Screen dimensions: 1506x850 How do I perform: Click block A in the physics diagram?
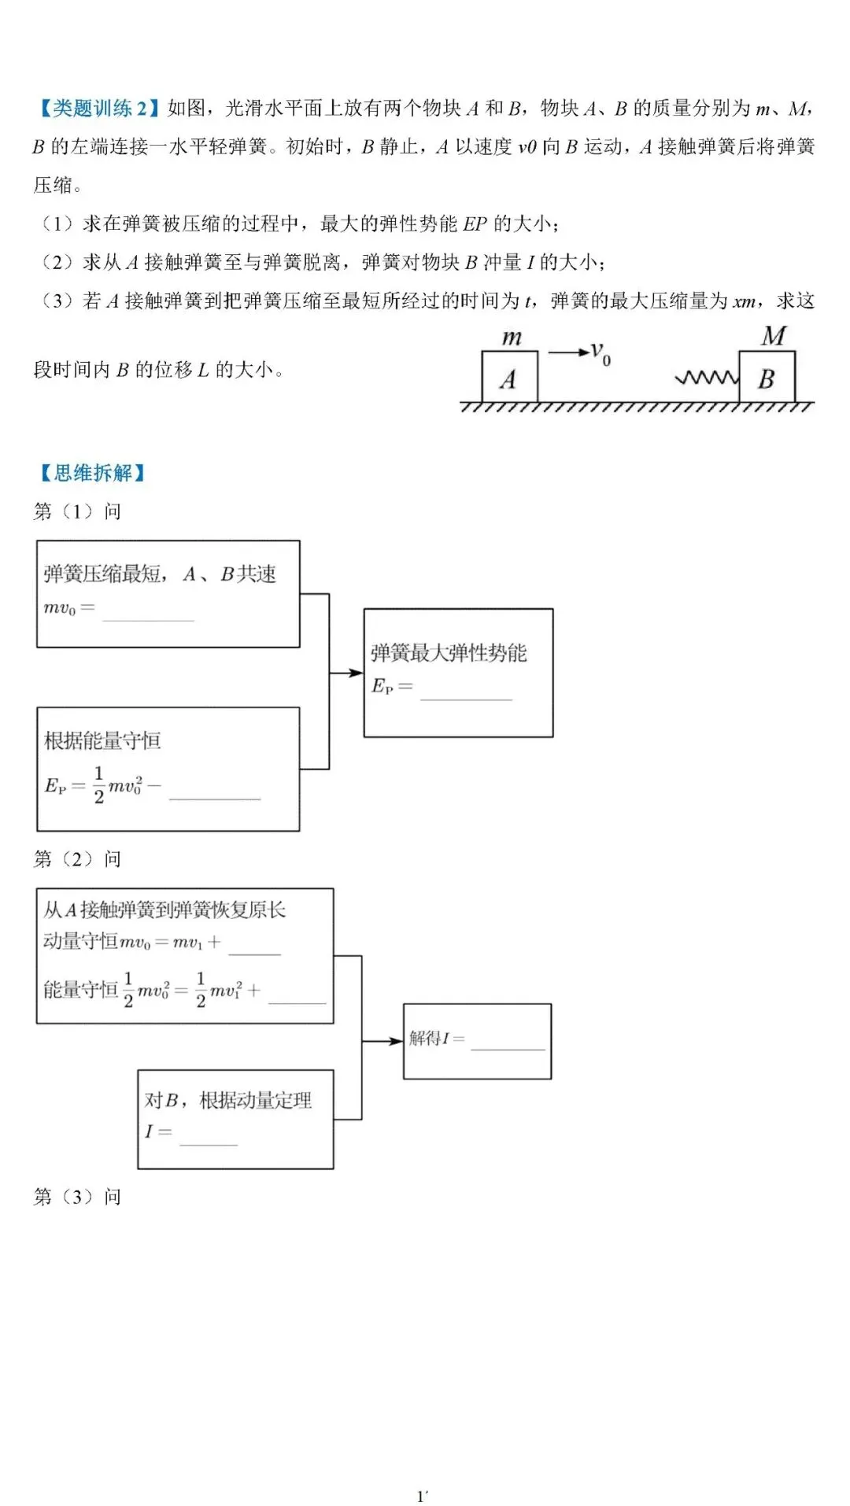(509, 378)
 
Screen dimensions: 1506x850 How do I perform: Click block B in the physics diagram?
(767, 378)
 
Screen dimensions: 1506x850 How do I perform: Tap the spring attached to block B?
(707, 378)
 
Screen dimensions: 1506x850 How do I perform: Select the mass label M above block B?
(773, 336)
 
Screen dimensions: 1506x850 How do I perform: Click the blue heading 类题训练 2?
(99, 108)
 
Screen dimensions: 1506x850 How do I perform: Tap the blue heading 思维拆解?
(93, 472)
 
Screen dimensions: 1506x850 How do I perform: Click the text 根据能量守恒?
(102, 740)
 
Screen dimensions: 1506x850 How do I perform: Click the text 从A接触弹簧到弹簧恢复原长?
(164, 910)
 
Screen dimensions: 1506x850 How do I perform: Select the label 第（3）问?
(77, 1197)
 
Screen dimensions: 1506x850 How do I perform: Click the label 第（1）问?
(77, 511)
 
